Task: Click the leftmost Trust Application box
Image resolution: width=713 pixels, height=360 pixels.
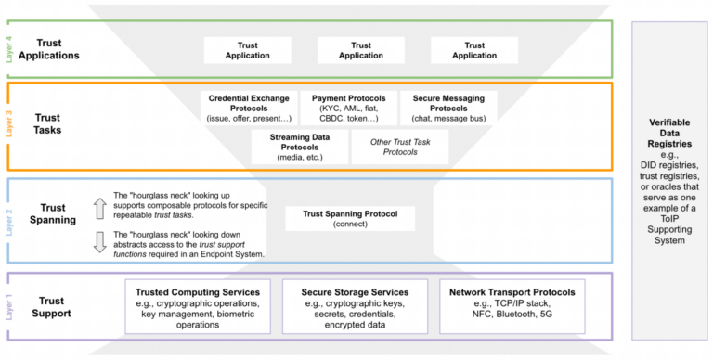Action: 247,50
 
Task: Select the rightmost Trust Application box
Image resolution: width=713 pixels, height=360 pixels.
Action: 474,50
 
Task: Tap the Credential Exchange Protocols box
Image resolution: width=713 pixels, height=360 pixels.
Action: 249,107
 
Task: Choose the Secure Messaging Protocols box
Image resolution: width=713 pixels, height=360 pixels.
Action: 448,107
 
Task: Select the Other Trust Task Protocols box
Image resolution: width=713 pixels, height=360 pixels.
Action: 399,147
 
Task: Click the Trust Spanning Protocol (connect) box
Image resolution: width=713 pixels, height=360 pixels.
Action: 358,219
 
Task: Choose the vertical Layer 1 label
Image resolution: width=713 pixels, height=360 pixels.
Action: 11,306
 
